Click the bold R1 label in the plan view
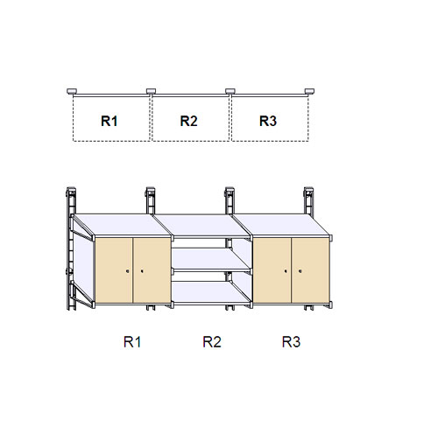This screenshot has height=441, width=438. [109, 121]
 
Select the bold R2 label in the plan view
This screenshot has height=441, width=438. [188, 121]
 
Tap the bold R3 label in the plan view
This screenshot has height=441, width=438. [268, 121]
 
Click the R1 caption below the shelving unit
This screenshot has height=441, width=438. [132, 342]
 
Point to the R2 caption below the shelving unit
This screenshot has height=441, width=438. [212, 342]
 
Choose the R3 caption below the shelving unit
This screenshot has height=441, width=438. [291, 342]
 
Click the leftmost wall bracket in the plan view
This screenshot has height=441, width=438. [72, 91]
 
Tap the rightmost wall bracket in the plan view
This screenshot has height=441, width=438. [309, 91]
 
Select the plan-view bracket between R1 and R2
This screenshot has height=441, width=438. [151, 91]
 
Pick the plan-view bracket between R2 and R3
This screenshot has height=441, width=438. [230, 91]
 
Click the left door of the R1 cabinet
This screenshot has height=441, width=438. [114, 270]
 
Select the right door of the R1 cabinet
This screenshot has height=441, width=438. [152, 270]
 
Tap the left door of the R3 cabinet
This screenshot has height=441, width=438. [272, 270]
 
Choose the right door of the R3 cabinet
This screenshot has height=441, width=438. [310, 270]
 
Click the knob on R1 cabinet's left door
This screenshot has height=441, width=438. [128, 271]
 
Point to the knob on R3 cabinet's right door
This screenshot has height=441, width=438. [300, 271]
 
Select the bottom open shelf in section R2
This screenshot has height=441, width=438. [211, 292]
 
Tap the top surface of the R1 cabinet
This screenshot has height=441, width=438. [122, 225]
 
